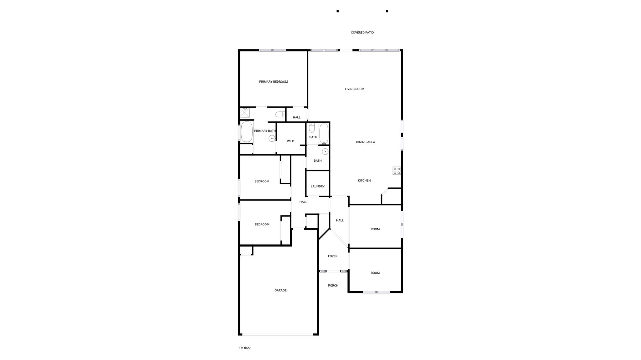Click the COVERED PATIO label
pyautogui.click(x=362, y=33)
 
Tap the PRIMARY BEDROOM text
pyautogui.click(x=273, y=82)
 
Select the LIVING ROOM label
pyautogui.click(x=354, y=89)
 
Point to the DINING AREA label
pyautogui.click(x=365, y=142)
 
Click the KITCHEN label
pyautogui.click(x=364, y=180)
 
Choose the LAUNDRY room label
pyautogui.click(x=317, y=186)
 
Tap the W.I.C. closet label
pyautogui.click(x=291, y=141)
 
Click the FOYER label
pyautogui.click(x=332, y=256)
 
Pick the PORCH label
pyautogui.click(x=333, y=286)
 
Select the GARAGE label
pyautogui.click(x=280, y=290)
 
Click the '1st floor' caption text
pyautogui.click(x=245, y=348)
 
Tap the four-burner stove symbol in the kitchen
pyautogui.click(x=397, y=171)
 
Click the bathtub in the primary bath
pyautogui.click(x=247, y=132)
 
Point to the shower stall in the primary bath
pyautogui.click(x=245, y=112)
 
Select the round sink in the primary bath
pyautogui.click(x=272, y=138)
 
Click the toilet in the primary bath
pyautogui.click(x=280, y=114)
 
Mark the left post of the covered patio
pyautogui.click(x=337, y=11)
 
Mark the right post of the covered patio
pyautogui.click(x=387, y=11)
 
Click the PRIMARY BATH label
pyautogui.click(x=265, y=131)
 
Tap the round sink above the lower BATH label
pyautogui.click(x=326, y=152)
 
